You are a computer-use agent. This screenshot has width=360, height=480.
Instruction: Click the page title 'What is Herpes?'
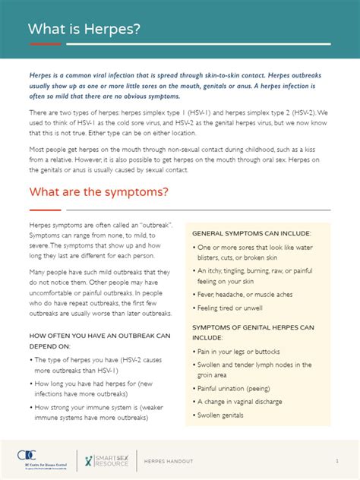[x=84, y=30]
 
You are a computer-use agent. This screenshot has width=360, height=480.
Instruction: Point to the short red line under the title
[x=45, y=44]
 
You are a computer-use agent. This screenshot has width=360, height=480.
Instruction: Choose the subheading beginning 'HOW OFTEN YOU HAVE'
[x=99, y=335]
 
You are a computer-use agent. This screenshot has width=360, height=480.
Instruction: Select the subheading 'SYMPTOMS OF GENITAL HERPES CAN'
[x=253, y=327]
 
